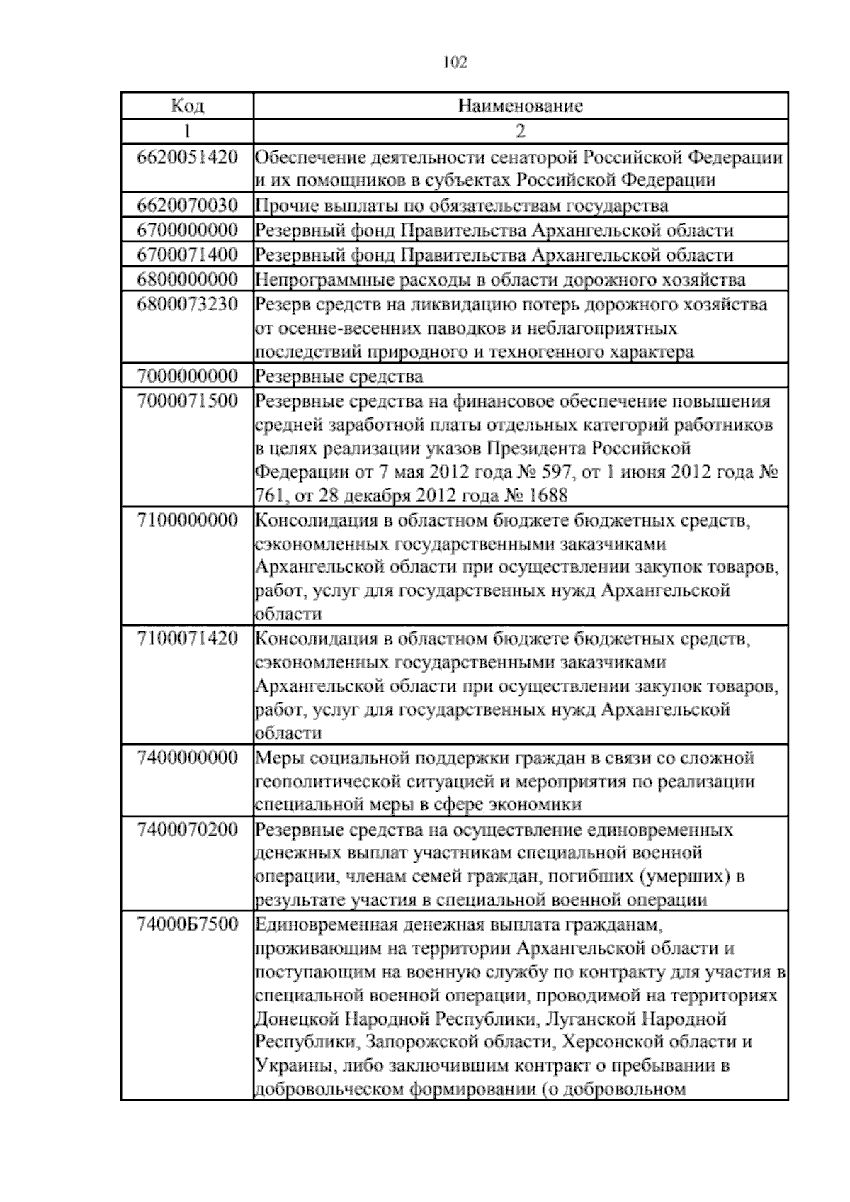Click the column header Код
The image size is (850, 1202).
pos(188,106)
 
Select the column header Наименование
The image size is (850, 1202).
pos(521,106)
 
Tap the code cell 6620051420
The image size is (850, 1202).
pos(188,157)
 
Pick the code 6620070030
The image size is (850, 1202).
pos(188,206)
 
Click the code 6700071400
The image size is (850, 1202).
pos(188,254)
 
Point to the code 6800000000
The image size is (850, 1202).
pos(188,279)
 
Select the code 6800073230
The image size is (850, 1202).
pos(188,303)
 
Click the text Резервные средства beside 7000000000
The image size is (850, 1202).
pos(339,376)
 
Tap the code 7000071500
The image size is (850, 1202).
pos(188,400)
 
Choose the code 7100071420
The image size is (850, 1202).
pos(188,638)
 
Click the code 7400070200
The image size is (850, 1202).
pos(188,829)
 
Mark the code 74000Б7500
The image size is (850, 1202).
pos(188,924)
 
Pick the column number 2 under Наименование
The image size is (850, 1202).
pos(521,131)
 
